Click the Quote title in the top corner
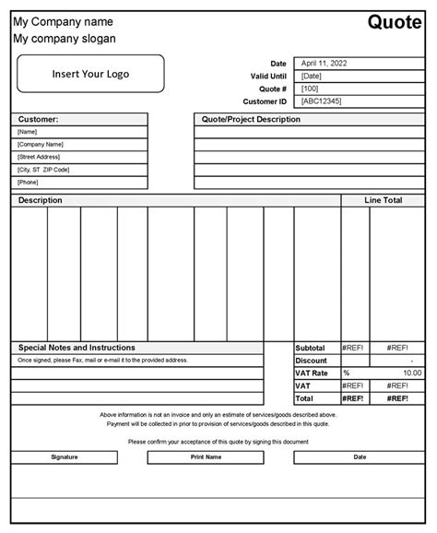396,21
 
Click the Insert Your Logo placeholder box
90,74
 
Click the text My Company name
63,21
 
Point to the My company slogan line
65,39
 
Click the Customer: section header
38,119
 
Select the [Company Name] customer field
41,145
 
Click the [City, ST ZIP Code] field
43,170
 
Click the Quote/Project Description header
251,119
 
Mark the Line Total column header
383,200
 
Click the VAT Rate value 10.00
411,373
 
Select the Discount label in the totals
312,361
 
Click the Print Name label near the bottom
206,456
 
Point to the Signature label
65,456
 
